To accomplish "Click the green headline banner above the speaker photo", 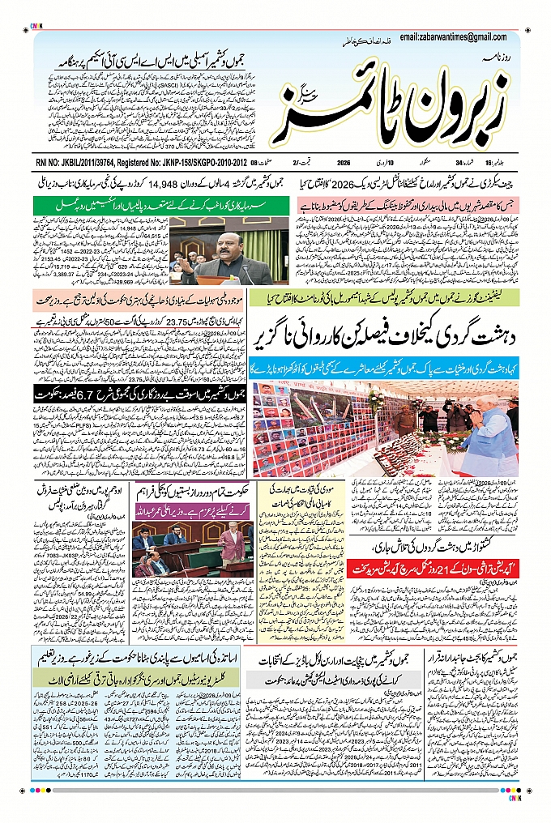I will click(154, 207).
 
